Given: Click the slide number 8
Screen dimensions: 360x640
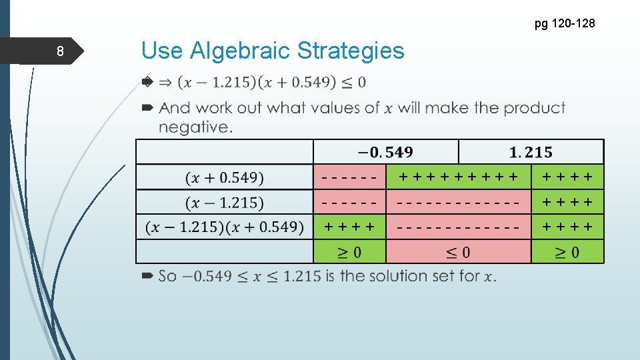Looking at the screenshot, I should pos(60,52).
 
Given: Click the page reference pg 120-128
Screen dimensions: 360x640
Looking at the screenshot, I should pos(565,24).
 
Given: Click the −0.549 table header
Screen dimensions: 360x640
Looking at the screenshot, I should pos(385,153).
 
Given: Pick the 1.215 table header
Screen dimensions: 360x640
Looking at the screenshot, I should pos(531,153).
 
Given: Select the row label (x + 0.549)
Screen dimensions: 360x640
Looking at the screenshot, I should pos(225,178).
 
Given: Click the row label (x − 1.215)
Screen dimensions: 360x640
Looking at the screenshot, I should pos(225,203).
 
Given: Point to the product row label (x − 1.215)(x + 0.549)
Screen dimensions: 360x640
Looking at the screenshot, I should pos(225,227).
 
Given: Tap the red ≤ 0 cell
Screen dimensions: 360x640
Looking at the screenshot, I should pos(458,252).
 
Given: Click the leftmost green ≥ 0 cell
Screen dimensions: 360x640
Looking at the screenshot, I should pos(350,252).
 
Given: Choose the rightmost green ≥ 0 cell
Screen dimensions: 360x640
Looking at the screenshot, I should pos(567,252).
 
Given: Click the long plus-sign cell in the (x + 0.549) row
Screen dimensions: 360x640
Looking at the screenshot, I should pos(458,177).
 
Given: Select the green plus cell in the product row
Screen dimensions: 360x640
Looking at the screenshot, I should pos(350,227).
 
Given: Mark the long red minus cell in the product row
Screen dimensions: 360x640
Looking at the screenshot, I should pos(458,227).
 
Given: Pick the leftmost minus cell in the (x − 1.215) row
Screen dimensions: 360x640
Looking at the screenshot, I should pos(350,203).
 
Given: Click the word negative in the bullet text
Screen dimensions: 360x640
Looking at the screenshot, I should pos(195,126).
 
